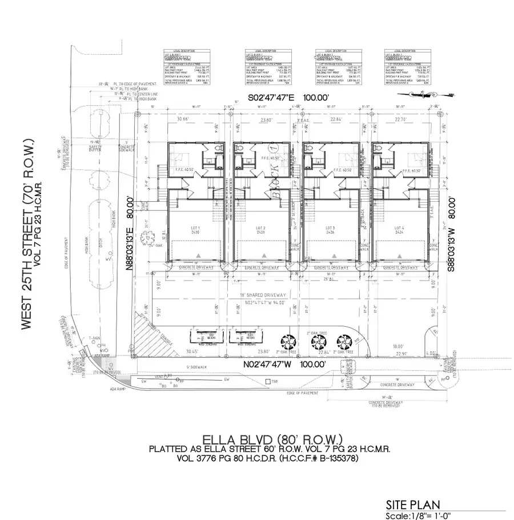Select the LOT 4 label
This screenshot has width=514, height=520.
pos(398,229)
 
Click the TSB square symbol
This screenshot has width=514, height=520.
pos(267,381)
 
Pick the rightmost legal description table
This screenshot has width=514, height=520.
pos(407,67)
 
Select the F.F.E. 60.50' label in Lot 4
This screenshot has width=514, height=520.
pos(411,170)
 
